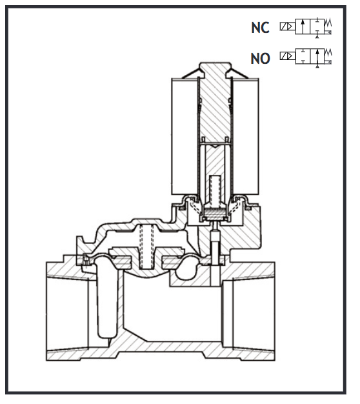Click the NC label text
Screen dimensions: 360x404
261,28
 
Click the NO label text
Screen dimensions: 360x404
261,58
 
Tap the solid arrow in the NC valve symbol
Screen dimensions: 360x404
303,26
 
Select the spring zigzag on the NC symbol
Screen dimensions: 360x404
328,23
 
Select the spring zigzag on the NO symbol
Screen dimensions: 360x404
328,52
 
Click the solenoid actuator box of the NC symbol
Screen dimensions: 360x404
288,26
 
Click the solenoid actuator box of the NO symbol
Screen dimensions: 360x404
288,56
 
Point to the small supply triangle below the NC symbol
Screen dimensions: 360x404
317,37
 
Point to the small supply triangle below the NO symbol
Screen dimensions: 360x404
317,66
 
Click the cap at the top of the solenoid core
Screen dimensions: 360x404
215,68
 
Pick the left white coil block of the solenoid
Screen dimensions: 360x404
185,137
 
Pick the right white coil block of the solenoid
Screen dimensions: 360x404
246,137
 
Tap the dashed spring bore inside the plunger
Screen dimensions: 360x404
215,189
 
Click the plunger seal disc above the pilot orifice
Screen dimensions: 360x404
215,214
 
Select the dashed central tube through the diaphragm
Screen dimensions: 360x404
147,246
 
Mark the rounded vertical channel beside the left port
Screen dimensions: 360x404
106,300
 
